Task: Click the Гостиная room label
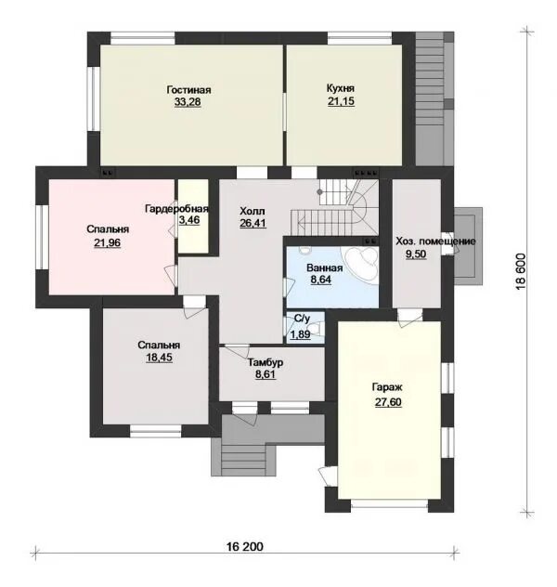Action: [188, 90]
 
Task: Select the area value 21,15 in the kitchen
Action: [341, 101]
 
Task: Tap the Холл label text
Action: [253, 211]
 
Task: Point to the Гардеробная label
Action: [176, 209]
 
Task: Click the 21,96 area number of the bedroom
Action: [108, 243]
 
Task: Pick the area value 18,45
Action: [159, 358]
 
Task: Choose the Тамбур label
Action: [266, 362]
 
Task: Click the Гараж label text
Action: [387, 387]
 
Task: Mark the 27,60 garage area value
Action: [388, 402]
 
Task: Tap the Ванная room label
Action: [324, 268]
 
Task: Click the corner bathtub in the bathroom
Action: [361, 262]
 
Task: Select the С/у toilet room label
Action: [302, 319]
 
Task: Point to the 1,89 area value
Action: [300, 334]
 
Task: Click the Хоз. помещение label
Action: [435, 241]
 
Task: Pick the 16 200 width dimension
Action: [245, 546]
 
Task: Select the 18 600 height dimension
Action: [521, 272]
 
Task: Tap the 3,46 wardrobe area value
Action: [189, 220]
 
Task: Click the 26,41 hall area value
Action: [253, 223]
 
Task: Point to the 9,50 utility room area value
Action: [416, 254]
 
